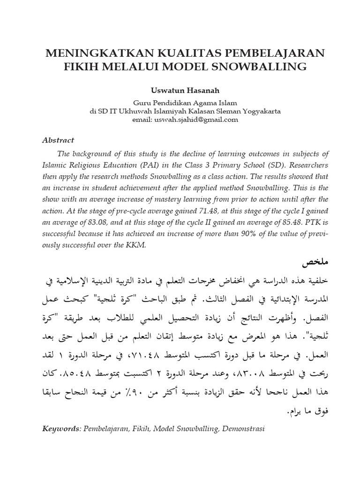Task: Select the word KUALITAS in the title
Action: [165, 52]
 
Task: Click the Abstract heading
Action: [59, 140]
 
